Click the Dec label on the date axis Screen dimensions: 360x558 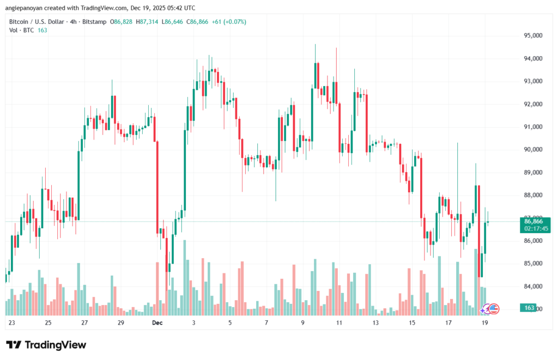point(157,322)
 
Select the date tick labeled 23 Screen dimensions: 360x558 point(12,322)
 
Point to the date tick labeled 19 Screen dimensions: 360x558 point(484,322)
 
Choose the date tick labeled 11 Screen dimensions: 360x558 point(339,322)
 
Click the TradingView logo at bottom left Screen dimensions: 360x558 point(46,345)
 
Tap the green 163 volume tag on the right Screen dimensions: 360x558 point(529,308)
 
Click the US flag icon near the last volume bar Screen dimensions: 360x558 point(494,308)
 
